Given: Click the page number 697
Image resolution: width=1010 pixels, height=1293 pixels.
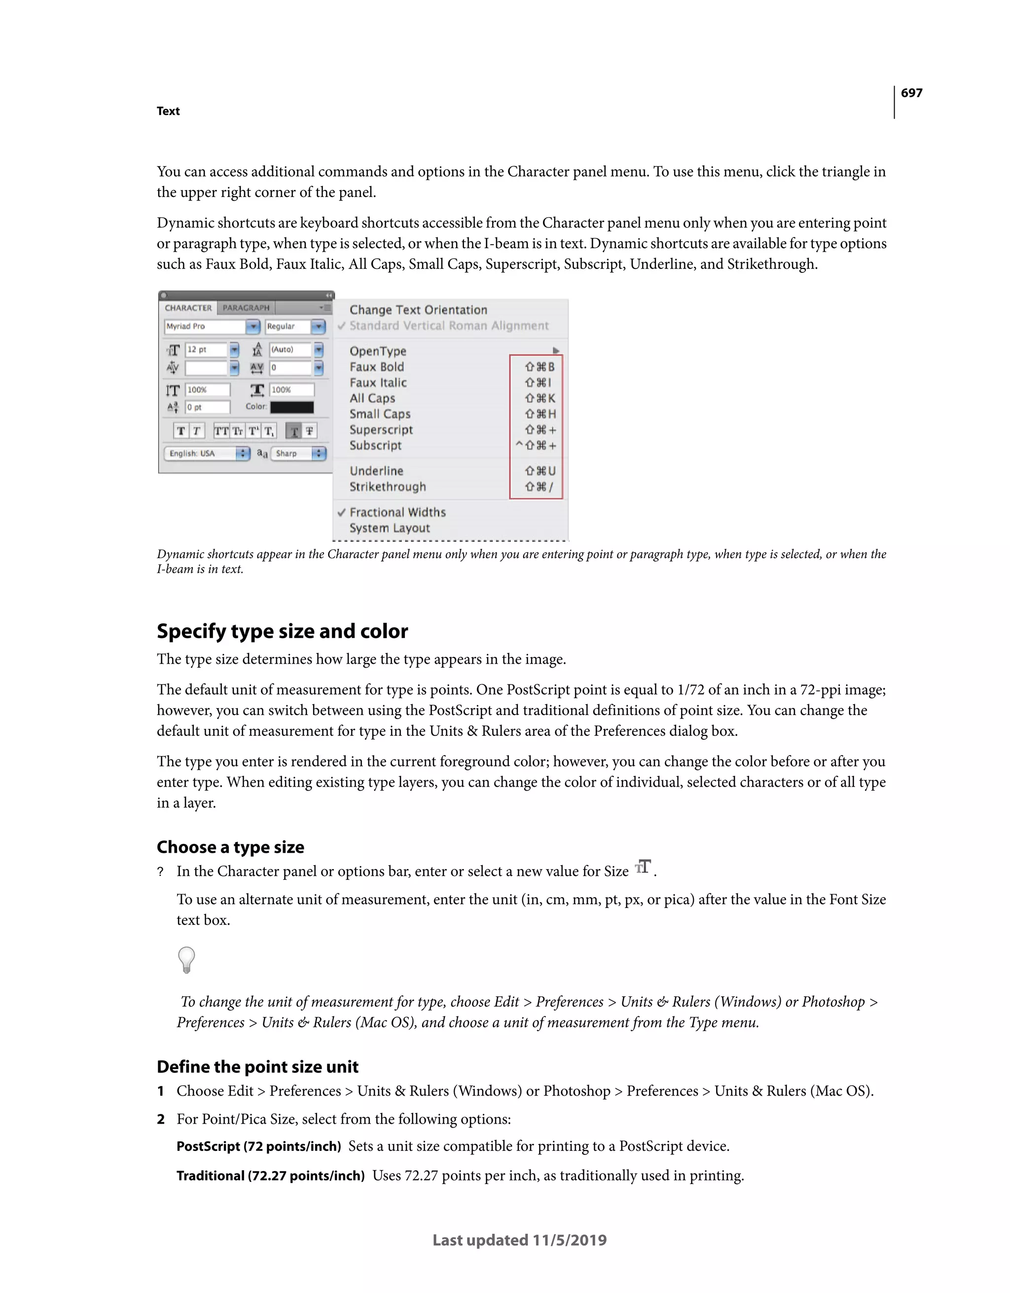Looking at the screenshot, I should click(x=911, y=93).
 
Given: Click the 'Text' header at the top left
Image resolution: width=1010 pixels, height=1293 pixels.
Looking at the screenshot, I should click(x=168, y=112).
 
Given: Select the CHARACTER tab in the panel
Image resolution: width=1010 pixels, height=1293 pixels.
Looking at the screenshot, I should click(x=188, y=308).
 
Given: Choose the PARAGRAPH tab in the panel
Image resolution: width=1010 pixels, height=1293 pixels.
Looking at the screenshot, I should click(x=246, y=308).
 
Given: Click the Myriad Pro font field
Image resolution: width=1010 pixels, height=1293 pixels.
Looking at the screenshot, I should click(x=205, y=326).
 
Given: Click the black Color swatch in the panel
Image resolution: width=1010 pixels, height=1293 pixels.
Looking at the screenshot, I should click(x=291, y=407).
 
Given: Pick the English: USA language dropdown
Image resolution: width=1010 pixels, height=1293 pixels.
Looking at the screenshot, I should click(x=206, y=454).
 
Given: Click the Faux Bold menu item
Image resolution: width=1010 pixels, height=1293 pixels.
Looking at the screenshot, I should click(x=377, y=367).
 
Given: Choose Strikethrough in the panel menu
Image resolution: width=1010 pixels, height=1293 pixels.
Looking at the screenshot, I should click(x=388, y=487).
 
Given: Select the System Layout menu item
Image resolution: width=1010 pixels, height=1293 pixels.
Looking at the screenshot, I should click(x=389, y=528).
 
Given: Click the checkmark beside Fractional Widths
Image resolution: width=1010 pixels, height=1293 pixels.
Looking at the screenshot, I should click(x=341, y=512).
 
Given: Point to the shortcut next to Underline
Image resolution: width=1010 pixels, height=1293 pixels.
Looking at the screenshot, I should click(x=540, y=471).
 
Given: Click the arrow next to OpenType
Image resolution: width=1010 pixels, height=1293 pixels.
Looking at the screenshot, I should click(x=556, y=351).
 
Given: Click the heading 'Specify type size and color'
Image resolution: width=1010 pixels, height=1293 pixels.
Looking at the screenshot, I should click(x=282, y=631).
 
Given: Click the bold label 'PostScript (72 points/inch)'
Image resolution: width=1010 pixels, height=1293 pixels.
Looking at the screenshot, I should click(x=258, y=1146).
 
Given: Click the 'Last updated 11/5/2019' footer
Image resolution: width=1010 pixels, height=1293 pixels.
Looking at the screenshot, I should click(x=519, y=1240).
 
